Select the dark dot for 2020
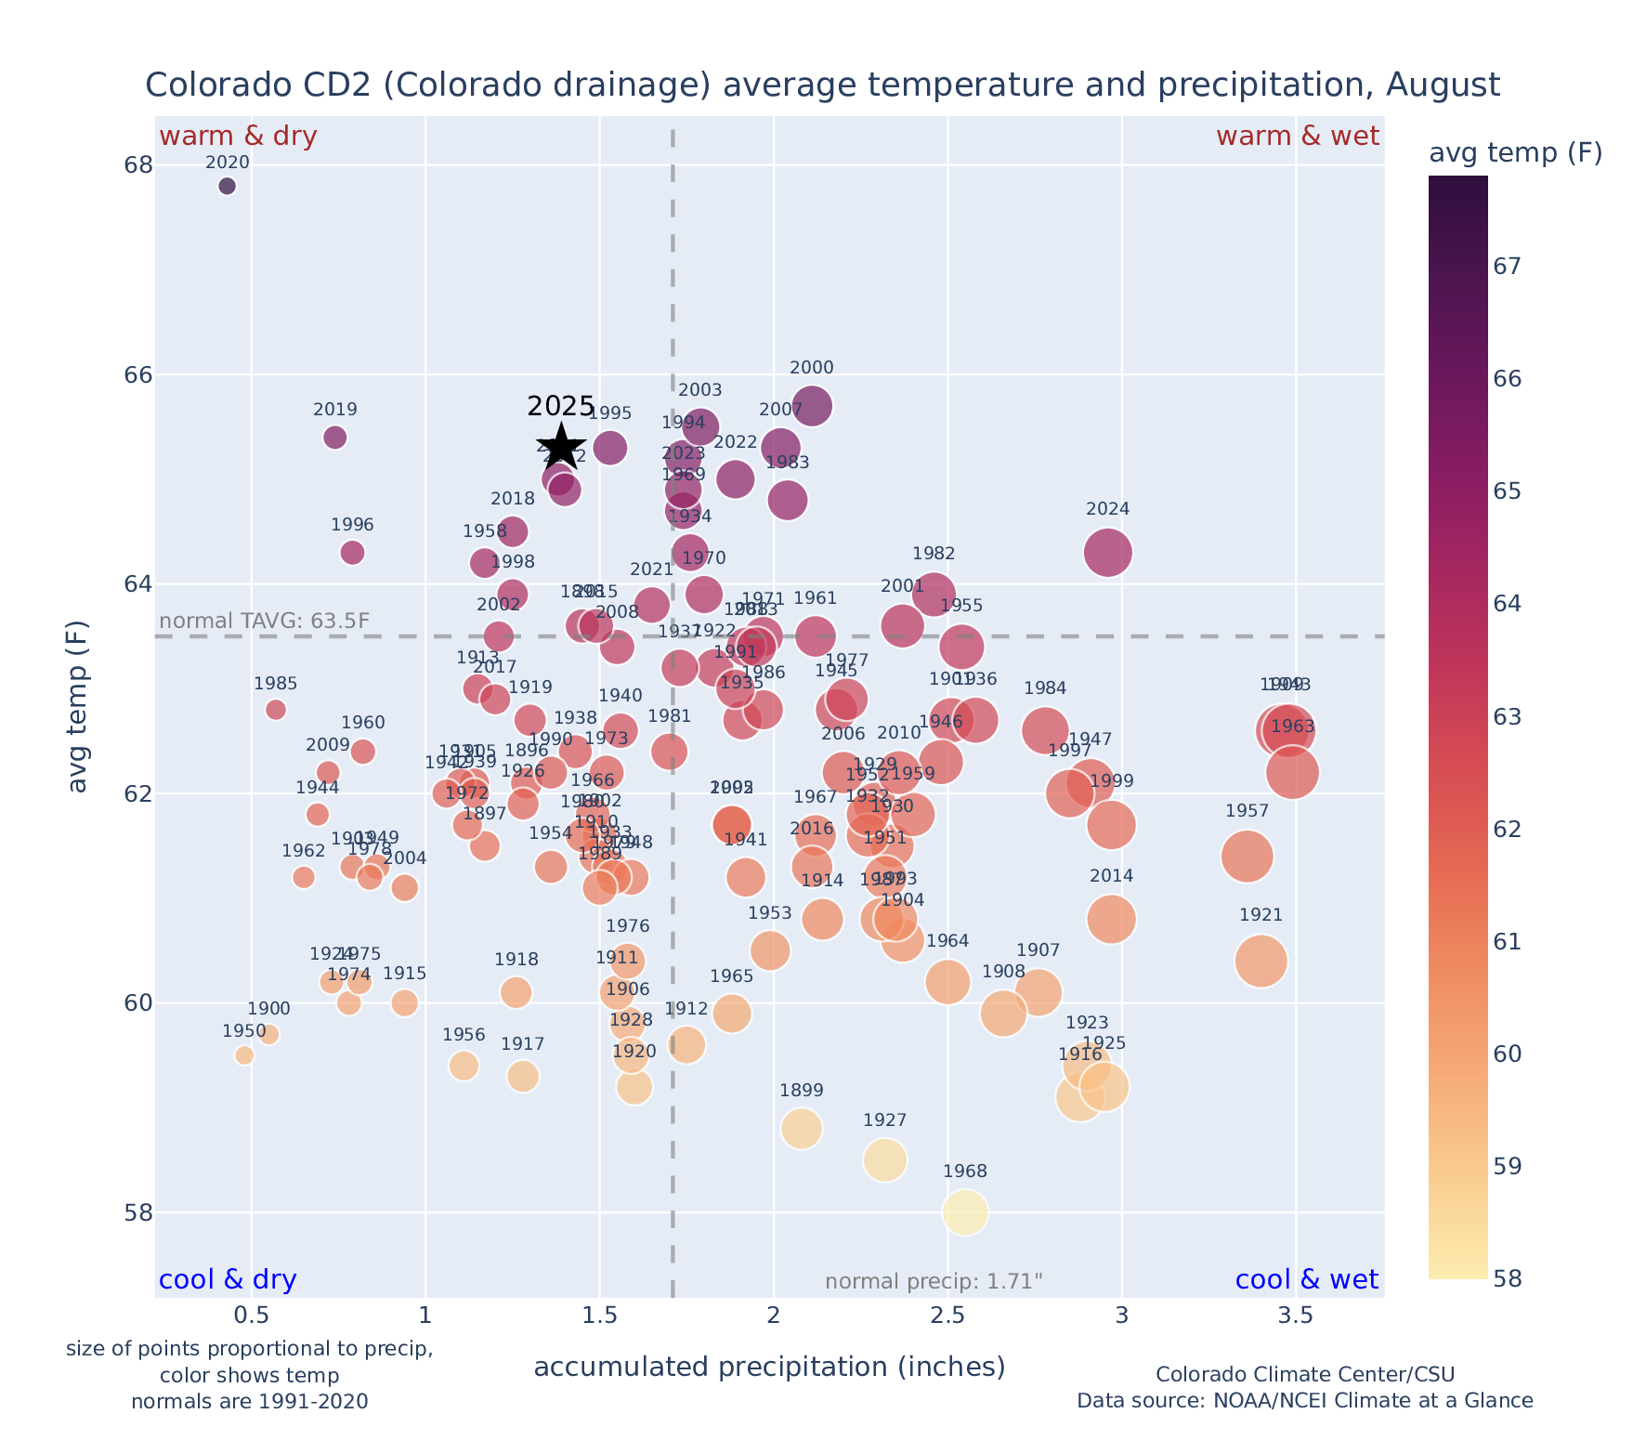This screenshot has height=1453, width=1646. point(227,186)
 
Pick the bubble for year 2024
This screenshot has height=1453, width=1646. point(1107,553)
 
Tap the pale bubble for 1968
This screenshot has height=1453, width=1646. point(965,1212)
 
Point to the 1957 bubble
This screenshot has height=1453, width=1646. point(1247,857)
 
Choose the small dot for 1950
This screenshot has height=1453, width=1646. point(244,1055)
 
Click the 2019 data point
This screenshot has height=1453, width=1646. point(335,437)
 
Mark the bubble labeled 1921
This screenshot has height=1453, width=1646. point(1261,961)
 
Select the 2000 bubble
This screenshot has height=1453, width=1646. point(812,406)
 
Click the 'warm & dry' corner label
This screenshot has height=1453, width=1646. point(238,137)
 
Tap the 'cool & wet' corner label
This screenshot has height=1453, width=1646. point(1306,1280)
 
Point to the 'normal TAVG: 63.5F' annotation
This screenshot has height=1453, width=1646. point(265,621)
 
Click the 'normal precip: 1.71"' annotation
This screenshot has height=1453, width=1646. point(934,1282)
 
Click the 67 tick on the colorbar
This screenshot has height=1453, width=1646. point(1508,267)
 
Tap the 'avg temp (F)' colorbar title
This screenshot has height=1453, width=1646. point(1515,153)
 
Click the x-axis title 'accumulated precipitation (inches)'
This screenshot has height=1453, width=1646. point(769,1367)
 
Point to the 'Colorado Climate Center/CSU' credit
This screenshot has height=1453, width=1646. point(1304,1374)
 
